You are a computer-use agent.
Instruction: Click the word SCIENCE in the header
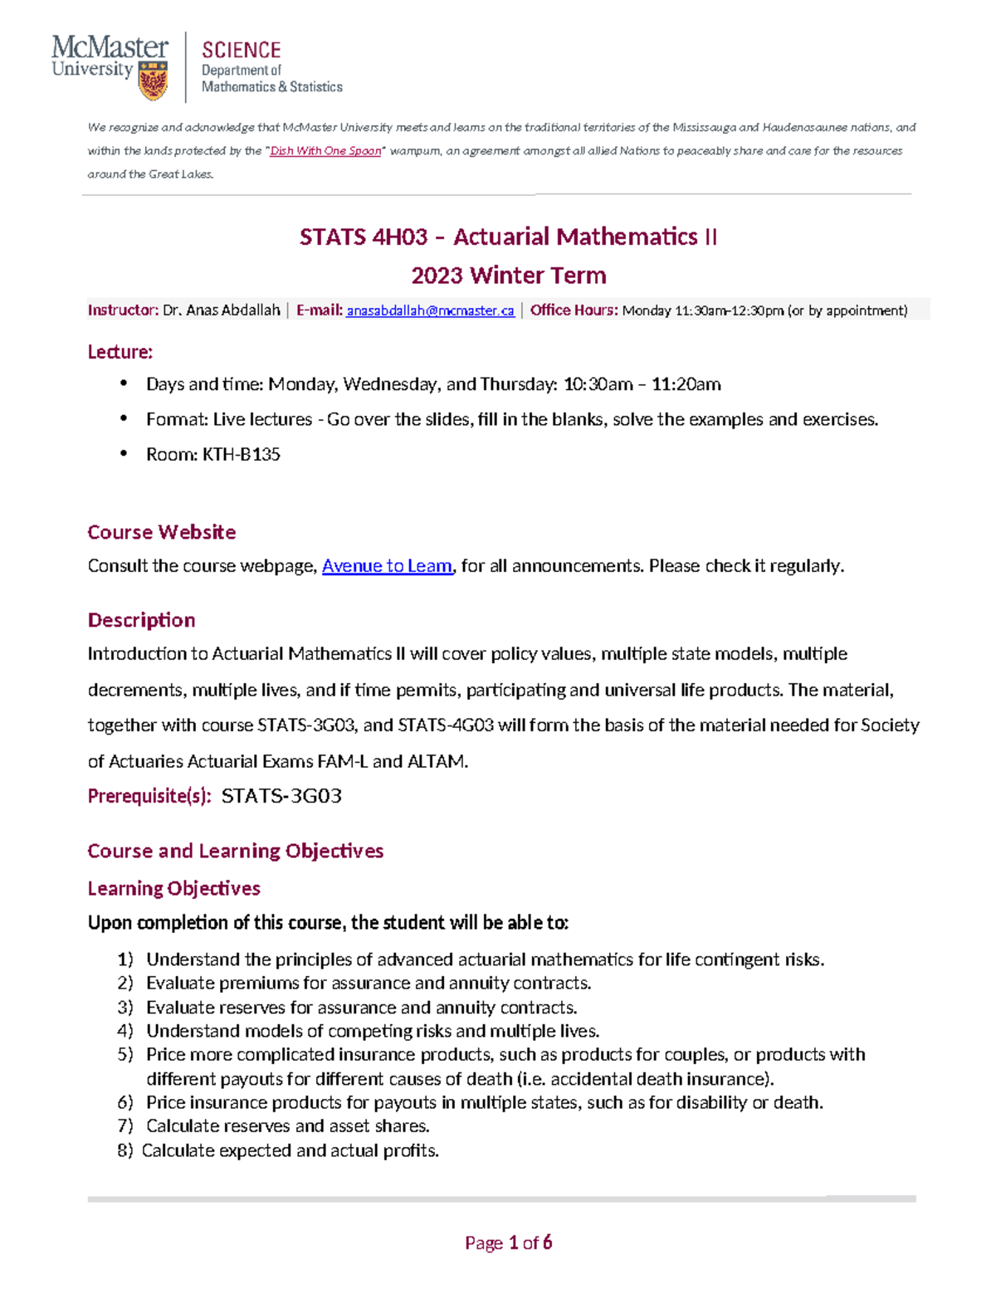pyautogui.click(x=241, y=50)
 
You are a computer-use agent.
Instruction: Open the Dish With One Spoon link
pyautogui.click(x=325, y=151)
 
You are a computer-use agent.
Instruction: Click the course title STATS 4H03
pyautogui.click(x=363, y=237)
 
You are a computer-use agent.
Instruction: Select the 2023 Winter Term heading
pyautogui.click(x=508, y=276)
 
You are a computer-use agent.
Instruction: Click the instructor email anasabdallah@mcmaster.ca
pyautogui.click(x=430, y=310)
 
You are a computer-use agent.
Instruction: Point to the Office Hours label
pyautogui.click(x=574, y=310)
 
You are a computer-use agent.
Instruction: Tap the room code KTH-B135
pyautogui.click(x=241, y=454)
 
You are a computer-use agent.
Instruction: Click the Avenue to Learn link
pyautogui.click(x=387, y=566)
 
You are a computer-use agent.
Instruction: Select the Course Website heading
pyautogui.click(x=161, y=532)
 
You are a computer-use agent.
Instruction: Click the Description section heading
pyautogui.click(x=141, y=620)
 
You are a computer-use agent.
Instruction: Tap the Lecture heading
pyautogui.click(x=120, y=352)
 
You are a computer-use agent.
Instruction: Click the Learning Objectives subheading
pyautogui.click(x=173, y=888)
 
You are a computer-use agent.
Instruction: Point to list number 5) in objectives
pyautogui.click(x=124, y=1054)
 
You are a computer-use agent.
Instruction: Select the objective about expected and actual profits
pyautogui.click(x=290, y=1150)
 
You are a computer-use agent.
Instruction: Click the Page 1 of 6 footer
pyautogui.click(x=508, y=1243)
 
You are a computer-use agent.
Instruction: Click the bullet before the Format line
pyautogui.click(x=124, y=418)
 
